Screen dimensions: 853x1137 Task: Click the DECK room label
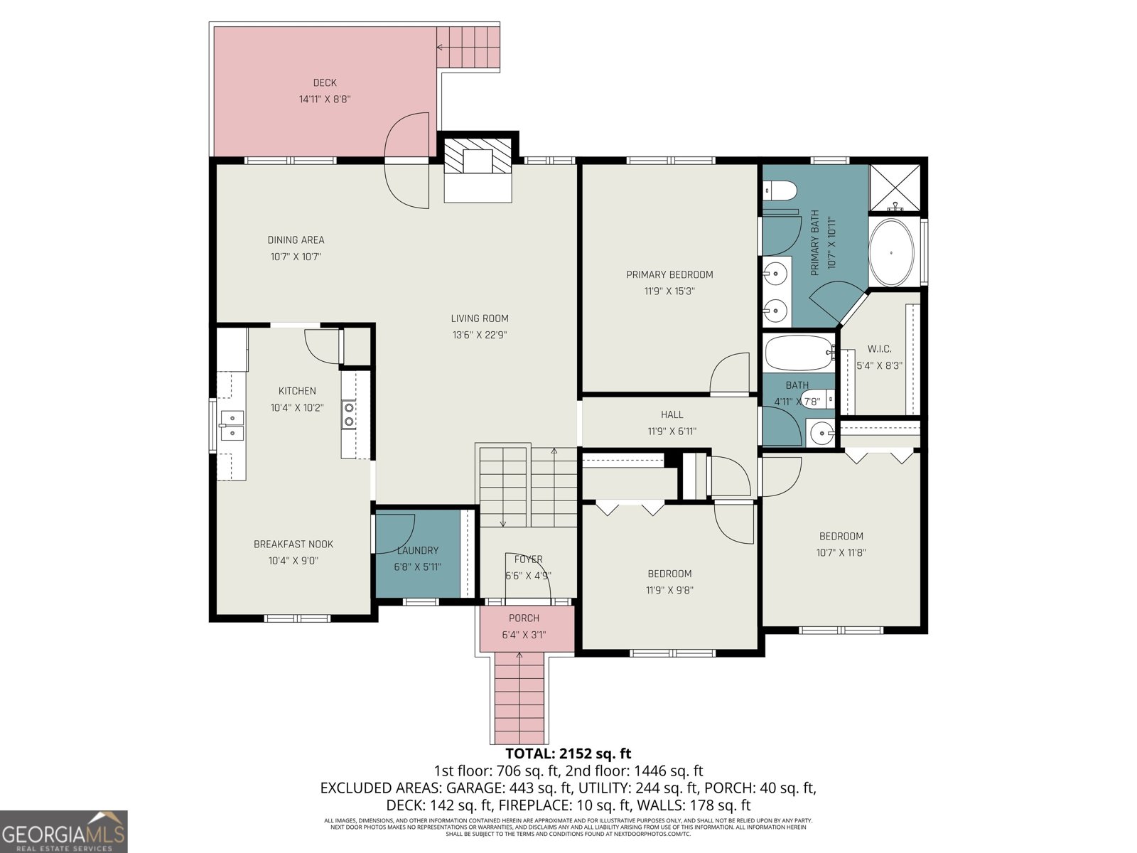[325, 82]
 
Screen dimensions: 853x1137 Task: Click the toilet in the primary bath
[780, 191]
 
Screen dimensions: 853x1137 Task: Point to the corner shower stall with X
[895, 188]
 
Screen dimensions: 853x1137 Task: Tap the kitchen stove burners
[349, 414]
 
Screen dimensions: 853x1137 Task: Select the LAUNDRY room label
[418, 550]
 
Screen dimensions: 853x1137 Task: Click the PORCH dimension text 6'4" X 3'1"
[524, 635]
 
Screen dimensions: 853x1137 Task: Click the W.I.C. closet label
[879, 349]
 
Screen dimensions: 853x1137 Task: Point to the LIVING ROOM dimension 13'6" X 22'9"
[480, 335]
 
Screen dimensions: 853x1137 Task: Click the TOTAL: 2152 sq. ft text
[568, 753]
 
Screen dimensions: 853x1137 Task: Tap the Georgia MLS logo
[63, 832]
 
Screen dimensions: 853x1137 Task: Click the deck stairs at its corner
[468, 47]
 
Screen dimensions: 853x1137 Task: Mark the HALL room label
[672, 414]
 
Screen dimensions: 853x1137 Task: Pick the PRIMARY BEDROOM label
[669, 274]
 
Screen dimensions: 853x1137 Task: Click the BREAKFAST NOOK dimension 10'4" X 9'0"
[293, 560]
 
